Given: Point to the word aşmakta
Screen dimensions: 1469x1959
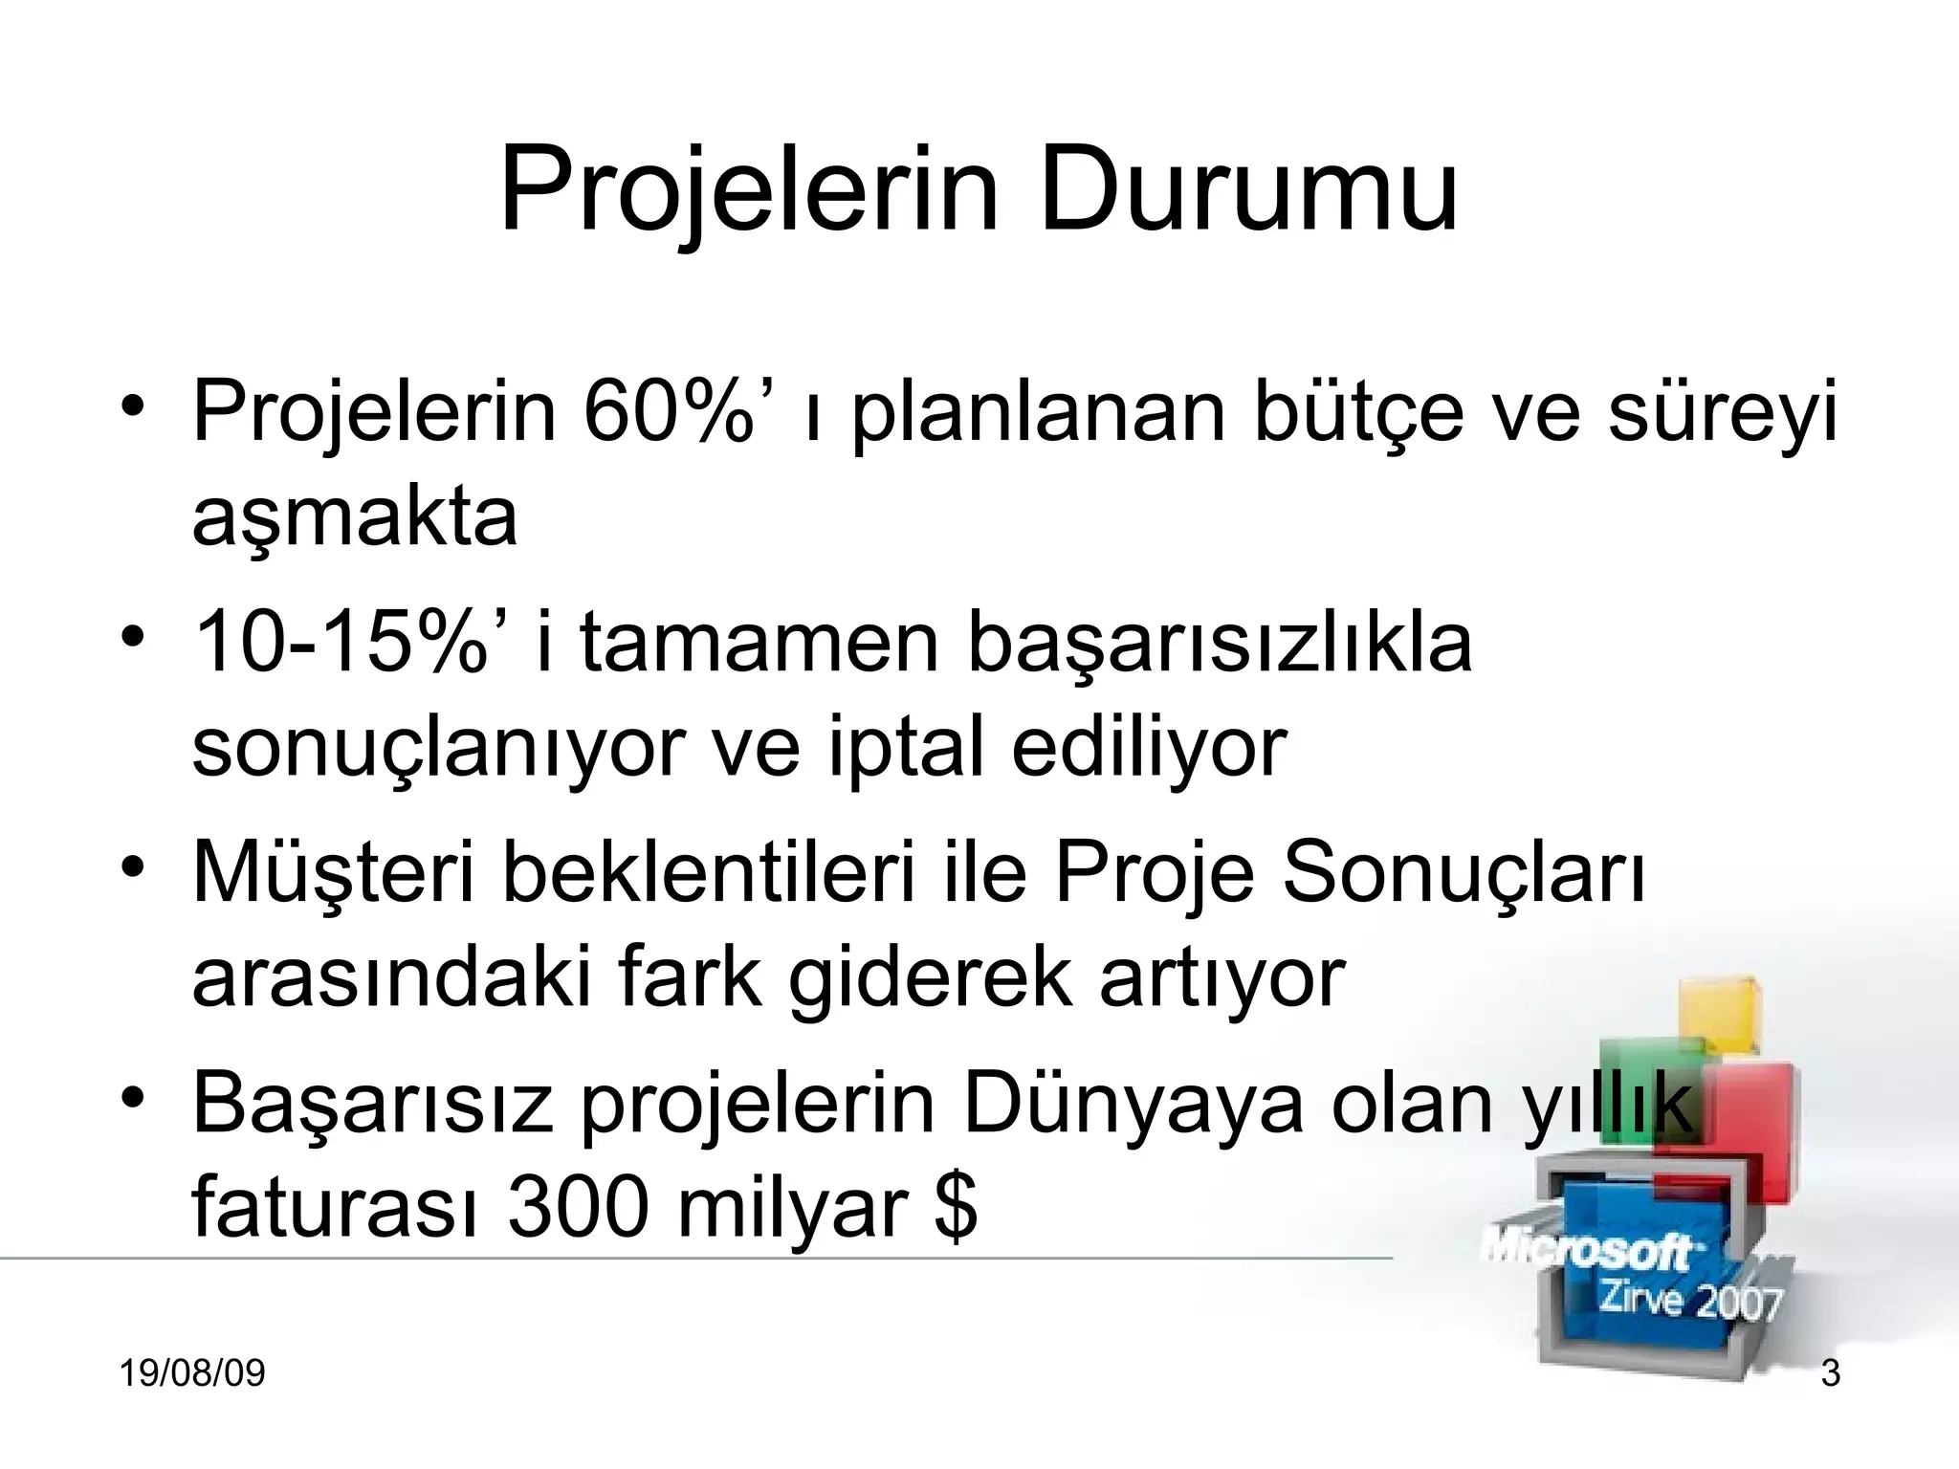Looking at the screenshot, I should (x=355, y=518).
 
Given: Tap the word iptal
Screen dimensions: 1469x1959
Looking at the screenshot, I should (x=905, y=748).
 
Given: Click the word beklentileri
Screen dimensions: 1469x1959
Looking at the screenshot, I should (x=709, y=872).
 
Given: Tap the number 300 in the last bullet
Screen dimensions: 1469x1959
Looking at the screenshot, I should (x=579, y=1207).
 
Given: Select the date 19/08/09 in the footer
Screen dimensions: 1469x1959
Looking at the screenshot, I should (x=192, y=1373).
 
